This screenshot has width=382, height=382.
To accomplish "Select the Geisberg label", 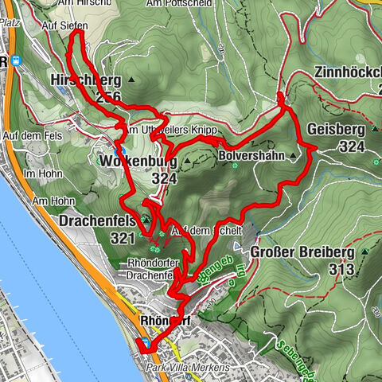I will (335, 130).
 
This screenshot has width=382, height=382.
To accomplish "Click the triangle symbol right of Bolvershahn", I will (293, 156).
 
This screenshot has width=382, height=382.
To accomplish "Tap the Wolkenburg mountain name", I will (138, 162).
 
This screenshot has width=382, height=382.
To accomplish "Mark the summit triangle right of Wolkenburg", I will (189, 161).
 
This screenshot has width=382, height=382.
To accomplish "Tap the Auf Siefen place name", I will (64, 25).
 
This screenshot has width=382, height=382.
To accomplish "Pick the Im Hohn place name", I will (42, 173).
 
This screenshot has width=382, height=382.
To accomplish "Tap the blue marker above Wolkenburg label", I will (119, 150).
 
